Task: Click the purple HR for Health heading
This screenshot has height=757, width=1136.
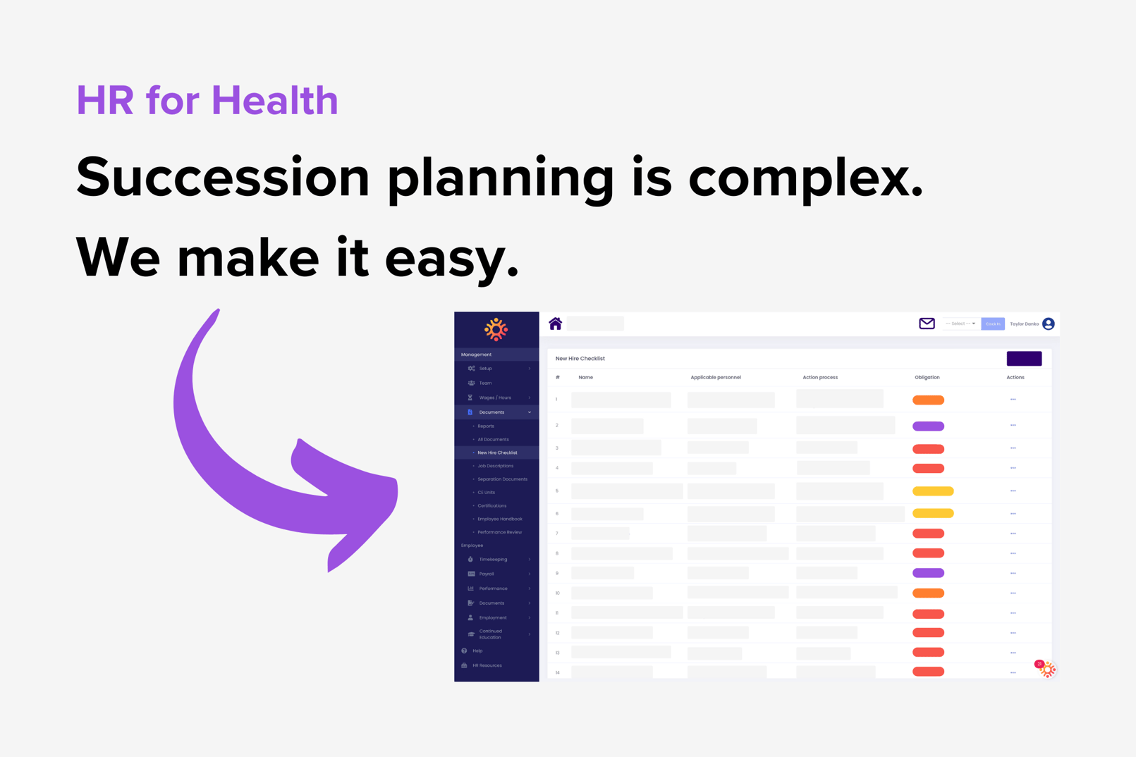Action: pyautogui.click(x=207, y=100)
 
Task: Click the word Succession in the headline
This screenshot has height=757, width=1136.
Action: pyautogui.click(x=223, y=178)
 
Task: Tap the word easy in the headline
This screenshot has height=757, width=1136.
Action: pyautogui.click(x=451, y=258)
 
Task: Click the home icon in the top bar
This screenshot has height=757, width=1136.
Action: pyautogui.click(x=555, y=324)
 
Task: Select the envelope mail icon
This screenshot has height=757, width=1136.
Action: pyautogui.click(x=927, y=324)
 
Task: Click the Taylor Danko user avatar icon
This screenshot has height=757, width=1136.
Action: pyautogui.click(x=1049, y=324)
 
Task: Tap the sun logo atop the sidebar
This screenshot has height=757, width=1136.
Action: pyautogui.click(x=496, y=329)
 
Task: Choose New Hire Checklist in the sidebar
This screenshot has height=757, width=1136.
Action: pyautogui.click(x=497, y=453)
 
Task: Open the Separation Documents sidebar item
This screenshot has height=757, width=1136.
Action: pyautogui.click(x=502, y=479)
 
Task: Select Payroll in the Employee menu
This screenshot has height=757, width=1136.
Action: pyautogui.click(x=487, y=574)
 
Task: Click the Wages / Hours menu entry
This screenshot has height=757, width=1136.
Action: pyautogui.click(x=495, y=398)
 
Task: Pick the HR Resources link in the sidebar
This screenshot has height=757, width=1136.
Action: pyautogui.click(x=487, y=665)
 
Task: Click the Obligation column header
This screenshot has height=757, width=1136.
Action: pyautogui.click(x=927, y=377)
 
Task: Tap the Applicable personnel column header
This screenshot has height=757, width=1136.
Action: pyautogui.click(x=715, y=377)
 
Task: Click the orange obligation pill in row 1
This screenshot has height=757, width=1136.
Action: pyautogui.click(x=928, y=400)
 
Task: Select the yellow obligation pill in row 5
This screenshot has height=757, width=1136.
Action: pyautogui.click(x=933, y=491)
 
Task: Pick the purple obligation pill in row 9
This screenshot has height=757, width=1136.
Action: pyautogui.click(x=928, y=573)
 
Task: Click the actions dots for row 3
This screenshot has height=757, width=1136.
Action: pyautogui.click(x=1013, y=448)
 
